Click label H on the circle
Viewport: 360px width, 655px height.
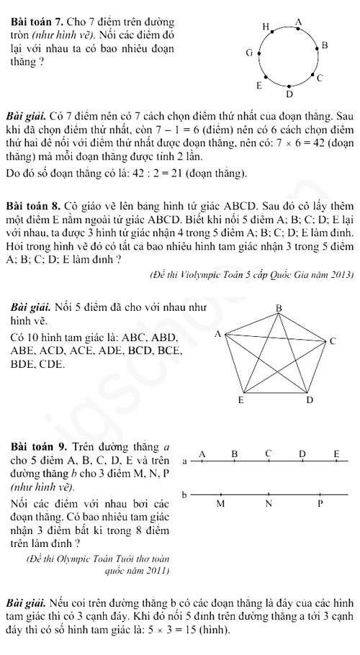(265, 27)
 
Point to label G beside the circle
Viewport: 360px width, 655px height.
(249, 53)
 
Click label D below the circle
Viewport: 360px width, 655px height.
(289, 94)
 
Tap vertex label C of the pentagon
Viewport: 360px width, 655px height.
(332, 340)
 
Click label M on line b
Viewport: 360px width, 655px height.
(220, 504)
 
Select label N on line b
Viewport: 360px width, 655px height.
(269, 504)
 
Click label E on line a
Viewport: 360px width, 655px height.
(336, 453)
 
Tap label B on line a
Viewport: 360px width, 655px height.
(234, 453)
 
